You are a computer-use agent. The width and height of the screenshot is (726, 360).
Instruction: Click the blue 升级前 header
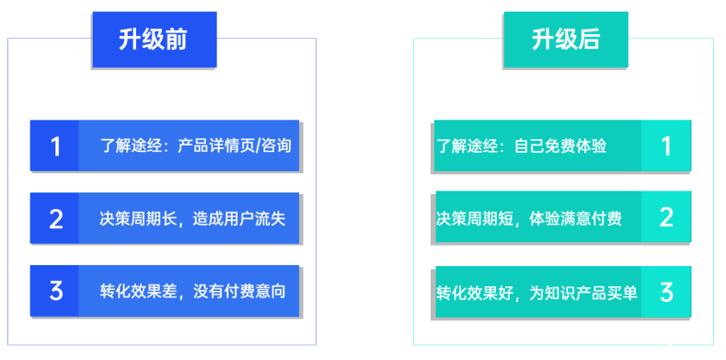click(154, 40)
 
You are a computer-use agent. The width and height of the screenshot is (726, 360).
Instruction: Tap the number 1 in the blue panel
click(55, 145)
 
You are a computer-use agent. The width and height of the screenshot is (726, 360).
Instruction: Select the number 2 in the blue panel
click(55, 218)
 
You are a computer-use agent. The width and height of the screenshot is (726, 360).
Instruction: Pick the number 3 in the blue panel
click(55, 291)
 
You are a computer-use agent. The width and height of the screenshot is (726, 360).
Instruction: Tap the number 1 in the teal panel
click(666, 145)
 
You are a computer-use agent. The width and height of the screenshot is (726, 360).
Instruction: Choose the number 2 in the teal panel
click(666, 217)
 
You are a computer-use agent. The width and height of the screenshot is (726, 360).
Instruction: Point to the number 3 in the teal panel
click(666, 291)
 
